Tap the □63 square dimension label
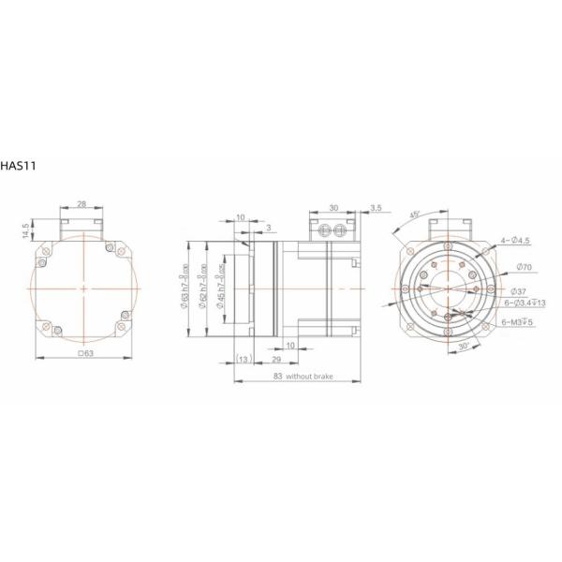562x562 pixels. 84,354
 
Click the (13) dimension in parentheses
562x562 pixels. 244,360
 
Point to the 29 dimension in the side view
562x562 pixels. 276,360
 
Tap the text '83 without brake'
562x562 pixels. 299,376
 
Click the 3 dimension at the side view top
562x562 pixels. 270,227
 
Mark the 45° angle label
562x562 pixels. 414,214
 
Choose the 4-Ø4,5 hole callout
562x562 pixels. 516,241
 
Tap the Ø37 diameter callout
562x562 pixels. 521,291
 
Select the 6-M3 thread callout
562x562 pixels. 517,322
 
